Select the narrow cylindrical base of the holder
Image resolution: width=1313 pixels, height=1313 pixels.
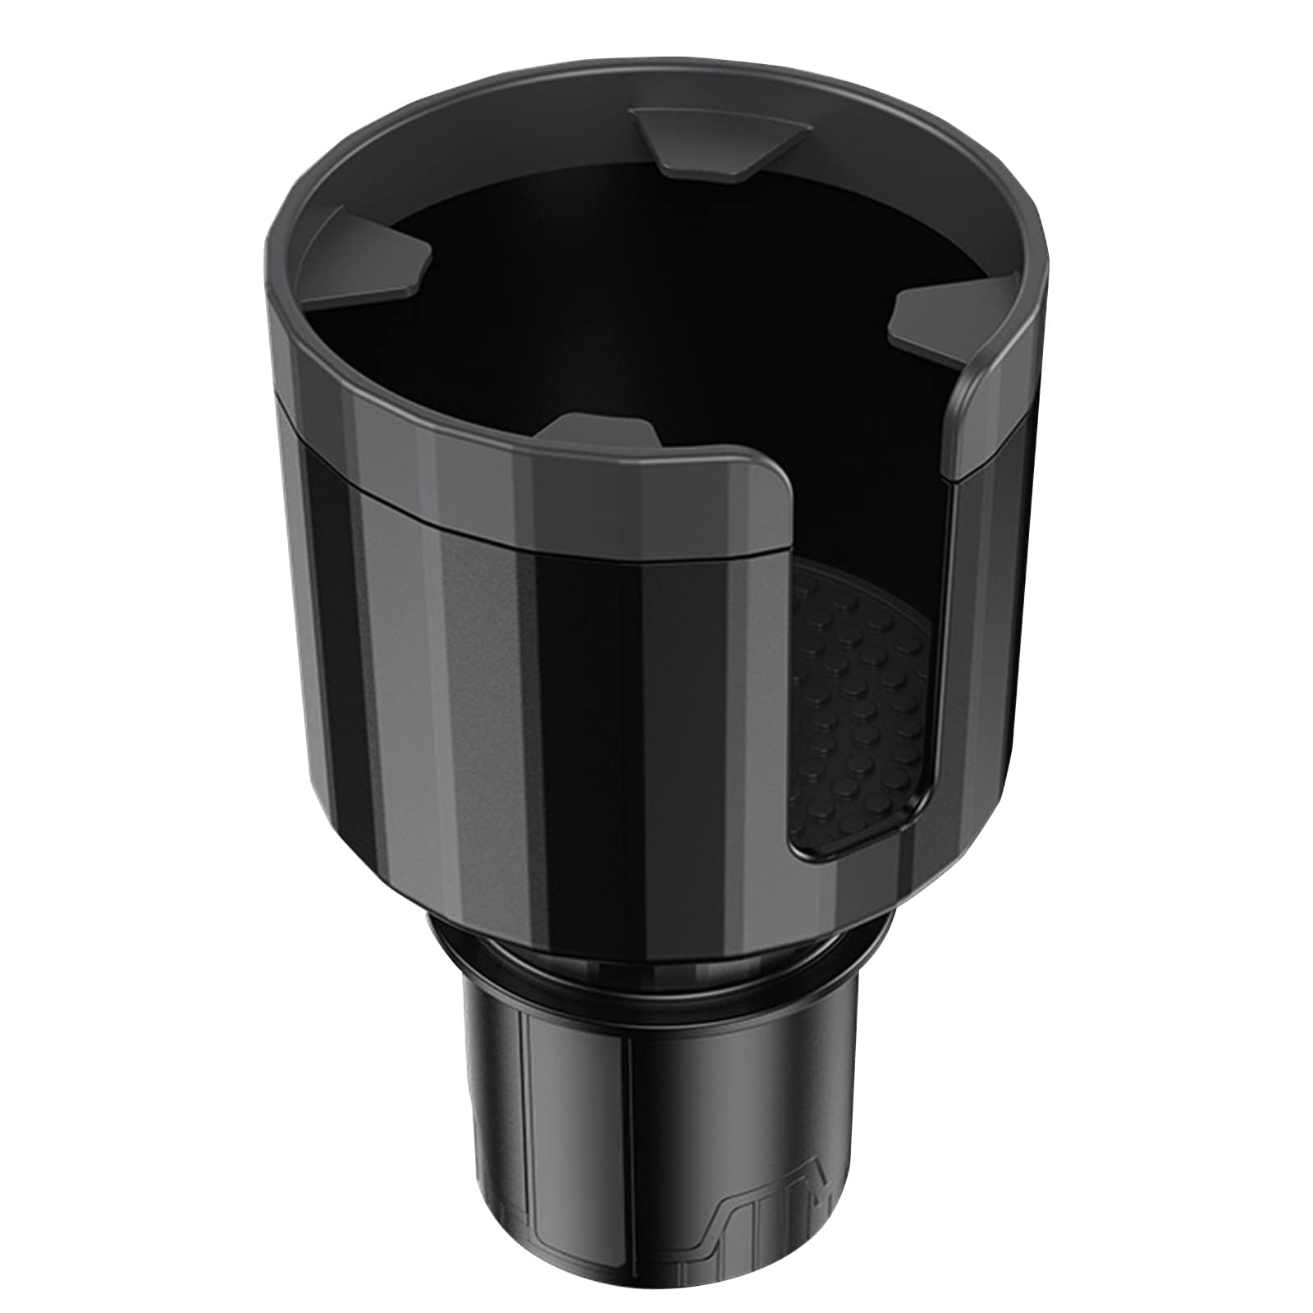[648, 1149]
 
